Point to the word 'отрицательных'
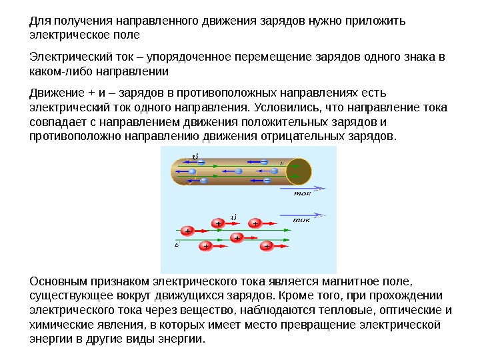click(289, 136)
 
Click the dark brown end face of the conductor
click(298, 170)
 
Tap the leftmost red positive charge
click(187, 231)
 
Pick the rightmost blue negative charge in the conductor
click(275, 170)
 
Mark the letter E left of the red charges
click(177, 245)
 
